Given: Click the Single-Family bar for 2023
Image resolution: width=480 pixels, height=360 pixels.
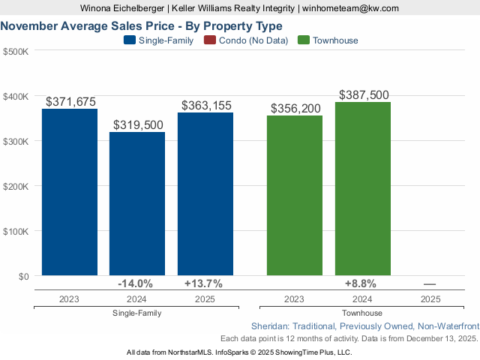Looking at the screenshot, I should coord(70,193).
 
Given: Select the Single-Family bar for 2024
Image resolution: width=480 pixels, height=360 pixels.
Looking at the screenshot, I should coord(137,204).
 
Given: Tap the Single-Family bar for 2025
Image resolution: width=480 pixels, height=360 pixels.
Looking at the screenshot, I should coord(205,194).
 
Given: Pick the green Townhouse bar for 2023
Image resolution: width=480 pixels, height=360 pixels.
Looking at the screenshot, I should coord(295,196).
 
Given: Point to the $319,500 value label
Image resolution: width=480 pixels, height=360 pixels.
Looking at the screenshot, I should coord(138,124).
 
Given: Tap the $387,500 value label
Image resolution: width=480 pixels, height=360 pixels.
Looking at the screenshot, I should coord(364,95).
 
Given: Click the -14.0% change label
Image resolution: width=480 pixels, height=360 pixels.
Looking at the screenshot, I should coord(136,284).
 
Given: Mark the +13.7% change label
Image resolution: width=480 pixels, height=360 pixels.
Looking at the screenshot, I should coord(203,284).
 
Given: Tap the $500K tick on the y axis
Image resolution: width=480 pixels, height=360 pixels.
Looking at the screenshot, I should coord(16,52).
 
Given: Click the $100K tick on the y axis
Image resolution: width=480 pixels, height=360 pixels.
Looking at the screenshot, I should coord(16,231).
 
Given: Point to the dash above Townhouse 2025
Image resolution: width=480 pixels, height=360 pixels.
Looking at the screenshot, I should coord(430,284).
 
